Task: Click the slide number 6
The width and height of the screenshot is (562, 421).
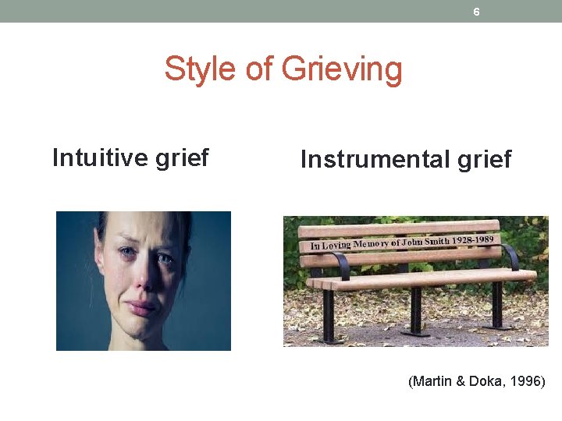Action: tap(476, 12)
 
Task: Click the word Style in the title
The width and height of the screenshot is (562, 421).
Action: tap(201, 69)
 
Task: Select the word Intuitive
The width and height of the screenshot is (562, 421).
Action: tap(98, 157)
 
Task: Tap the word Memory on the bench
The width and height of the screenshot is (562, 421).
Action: tap(371, 243)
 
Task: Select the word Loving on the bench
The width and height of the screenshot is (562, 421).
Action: tap(336, 245)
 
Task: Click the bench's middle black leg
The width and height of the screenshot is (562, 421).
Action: tap(415, 310)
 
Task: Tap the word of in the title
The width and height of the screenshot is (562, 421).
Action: tap(259, 69)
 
